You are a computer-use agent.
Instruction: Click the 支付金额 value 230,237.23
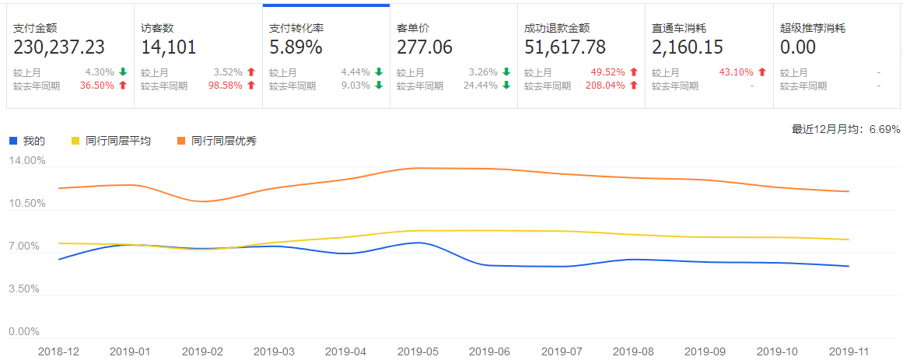59,47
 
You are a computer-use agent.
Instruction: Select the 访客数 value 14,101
169,47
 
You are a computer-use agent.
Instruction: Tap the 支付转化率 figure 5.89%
296,47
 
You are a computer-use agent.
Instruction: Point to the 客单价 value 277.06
425,47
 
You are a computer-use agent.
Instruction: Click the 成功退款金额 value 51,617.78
565,47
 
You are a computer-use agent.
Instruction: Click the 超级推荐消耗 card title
812,28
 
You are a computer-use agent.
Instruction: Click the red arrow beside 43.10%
762,72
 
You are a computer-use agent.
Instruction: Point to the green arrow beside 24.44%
507,86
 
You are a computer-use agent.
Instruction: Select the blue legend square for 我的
13,141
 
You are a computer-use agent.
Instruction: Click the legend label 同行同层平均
118,141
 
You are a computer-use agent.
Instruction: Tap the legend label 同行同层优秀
224,141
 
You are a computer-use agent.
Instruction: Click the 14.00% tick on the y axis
27,161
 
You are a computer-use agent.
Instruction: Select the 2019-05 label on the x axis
419,351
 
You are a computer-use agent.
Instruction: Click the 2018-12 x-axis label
59,351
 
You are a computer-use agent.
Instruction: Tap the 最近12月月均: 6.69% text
845,129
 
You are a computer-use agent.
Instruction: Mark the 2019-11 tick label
849,351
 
